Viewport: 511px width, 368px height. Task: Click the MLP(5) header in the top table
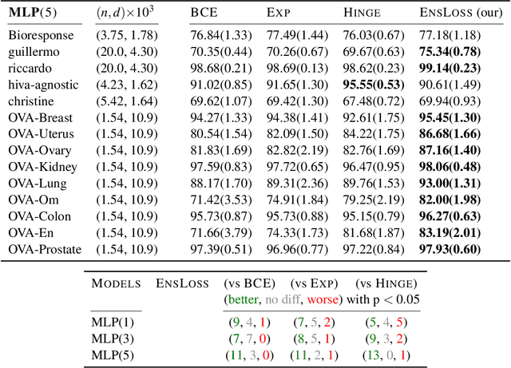[x=33, y=14]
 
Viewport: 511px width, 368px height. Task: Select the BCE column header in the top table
[x=204, y=14]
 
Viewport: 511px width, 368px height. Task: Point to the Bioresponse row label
[x=41, y=36]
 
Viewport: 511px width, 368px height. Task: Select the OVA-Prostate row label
[x=45, y=250]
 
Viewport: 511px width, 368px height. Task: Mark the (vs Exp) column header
[x=315, y=283]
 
